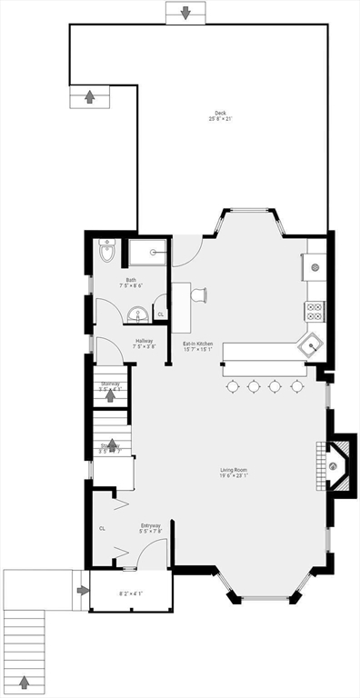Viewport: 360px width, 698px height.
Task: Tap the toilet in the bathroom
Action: click(106, 253)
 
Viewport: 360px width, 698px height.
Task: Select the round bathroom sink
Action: click(138, 314)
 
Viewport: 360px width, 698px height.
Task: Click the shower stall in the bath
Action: click(148, 252)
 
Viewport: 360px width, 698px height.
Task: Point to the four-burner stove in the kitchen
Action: click(315, 312)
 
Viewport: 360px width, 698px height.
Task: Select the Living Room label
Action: click(234, 472)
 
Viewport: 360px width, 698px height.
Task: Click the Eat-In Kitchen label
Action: click(198, 345)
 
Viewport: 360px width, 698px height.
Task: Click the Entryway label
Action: click(151, 527)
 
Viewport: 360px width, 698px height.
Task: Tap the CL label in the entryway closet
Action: click(102, 528)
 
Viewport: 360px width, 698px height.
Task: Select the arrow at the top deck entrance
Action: click(185, 13)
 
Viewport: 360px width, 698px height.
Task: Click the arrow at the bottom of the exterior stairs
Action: click(25, 682)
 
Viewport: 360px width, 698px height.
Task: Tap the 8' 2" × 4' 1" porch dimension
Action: click(131, 594)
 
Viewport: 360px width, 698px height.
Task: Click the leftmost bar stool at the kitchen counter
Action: click(233, 386)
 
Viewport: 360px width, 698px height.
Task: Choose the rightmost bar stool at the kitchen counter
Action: click(296, 386)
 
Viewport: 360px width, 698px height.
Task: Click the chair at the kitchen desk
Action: click(199, 294)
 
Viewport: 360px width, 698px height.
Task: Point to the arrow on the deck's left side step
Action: click(89, 96)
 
